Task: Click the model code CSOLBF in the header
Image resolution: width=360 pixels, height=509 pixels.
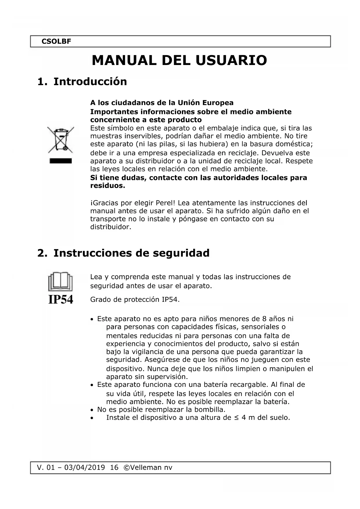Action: tap(56, 41)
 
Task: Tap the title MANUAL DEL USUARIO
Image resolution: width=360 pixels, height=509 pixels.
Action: tap(179, 60)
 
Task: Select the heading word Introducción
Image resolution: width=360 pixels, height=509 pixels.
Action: tap(90, 82)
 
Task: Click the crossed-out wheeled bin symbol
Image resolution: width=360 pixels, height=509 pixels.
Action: tap(61, 140)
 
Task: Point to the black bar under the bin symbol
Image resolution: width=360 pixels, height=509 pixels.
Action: tap(61, 161)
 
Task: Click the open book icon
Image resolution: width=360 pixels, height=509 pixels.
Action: tap(60, 281)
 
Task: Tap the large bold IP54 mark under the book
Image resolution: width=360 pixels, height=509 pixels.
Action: tap(61, 299)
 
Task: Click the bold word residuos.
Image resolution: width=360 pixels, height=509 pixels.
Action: tap(108, 186)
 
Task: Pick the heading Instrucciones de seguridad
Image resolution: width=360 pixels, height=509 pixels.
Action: tap(131, 253)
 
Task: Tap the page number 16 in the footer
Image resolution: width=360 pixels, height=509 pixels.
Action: tap(114, 468)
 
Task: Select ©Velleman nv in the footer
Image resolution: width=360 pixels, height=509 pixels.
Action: tap(148, 468)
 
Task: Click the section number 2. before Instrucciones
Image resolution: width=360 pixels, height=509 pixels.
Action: tap(42, 253)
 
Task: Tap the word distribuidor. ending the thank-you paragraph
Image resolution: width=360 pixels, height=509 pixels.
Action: tap(111, 227)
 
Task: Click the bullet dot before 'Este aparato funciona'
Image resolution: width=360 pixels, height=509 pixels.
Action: tap(92, 385)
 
